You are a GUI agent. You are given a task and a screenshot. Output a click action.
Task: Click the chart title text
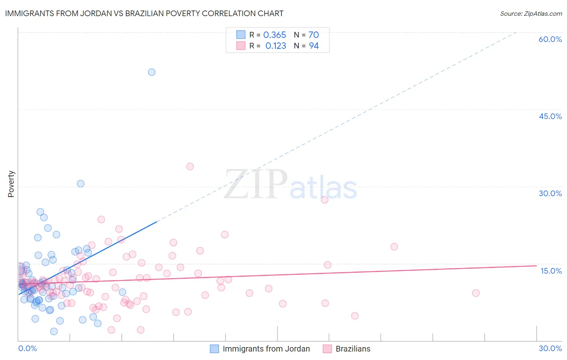pos(144,14)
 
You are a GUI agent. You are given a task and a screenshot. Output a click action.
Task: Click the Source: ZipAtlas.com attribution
pos(531,14)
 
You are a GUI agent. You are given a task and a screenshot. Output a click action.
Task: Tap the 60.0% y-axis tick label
pos(550,39)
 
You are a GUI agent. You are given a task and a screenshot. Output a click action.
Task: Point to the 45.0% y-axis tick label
pos(550,116)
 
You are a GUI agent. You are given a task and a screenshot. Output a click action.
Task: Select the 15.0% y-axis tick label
pos(551,271)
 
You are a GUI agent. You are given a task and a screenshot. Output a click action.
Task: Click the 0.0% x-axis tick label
pos(27,348)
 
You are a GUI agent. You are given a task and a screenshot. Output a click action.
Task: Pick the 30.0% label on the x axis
pos(550,348)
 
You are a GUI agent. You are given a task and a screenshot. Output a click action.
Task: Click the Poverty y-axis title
pos(11,184)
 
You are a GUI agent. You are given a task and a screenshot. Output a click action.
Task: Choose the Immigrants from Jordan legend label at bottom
pos(266,349)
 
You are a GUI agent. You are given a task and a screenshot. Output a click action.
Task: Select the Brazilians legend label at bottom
pos(353,349)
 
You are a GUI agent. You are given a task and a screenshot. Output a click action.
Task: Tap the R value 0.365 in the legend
pos(274,35)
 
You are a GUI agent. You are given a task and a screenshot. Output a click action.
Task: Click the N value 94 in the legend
pos(314,46)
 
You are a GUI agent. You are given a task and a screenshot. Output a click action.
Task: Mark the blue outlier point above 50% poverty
pos(152,72)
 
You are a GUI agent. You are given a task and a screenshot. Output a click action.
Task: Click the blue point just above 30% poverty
pos(81,184)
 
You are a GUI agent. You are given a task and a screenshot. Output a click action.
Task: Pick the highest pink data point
pos(190,166)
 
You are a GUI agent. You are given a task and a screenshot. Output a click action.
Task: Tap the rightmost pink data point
pos(476,293)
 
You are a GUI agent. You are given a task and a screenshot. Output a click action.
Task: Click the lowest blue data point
pos(54,331)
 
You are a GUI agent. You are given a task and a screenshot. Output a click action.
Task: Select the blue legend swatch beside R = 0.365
pos(241,35)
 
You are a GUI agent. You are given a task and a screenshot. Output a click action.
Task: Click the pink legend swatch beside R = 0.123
pos(241,46)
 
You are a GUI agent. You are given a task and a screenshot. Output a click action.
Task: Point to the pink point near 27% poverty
pos(325,200)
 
